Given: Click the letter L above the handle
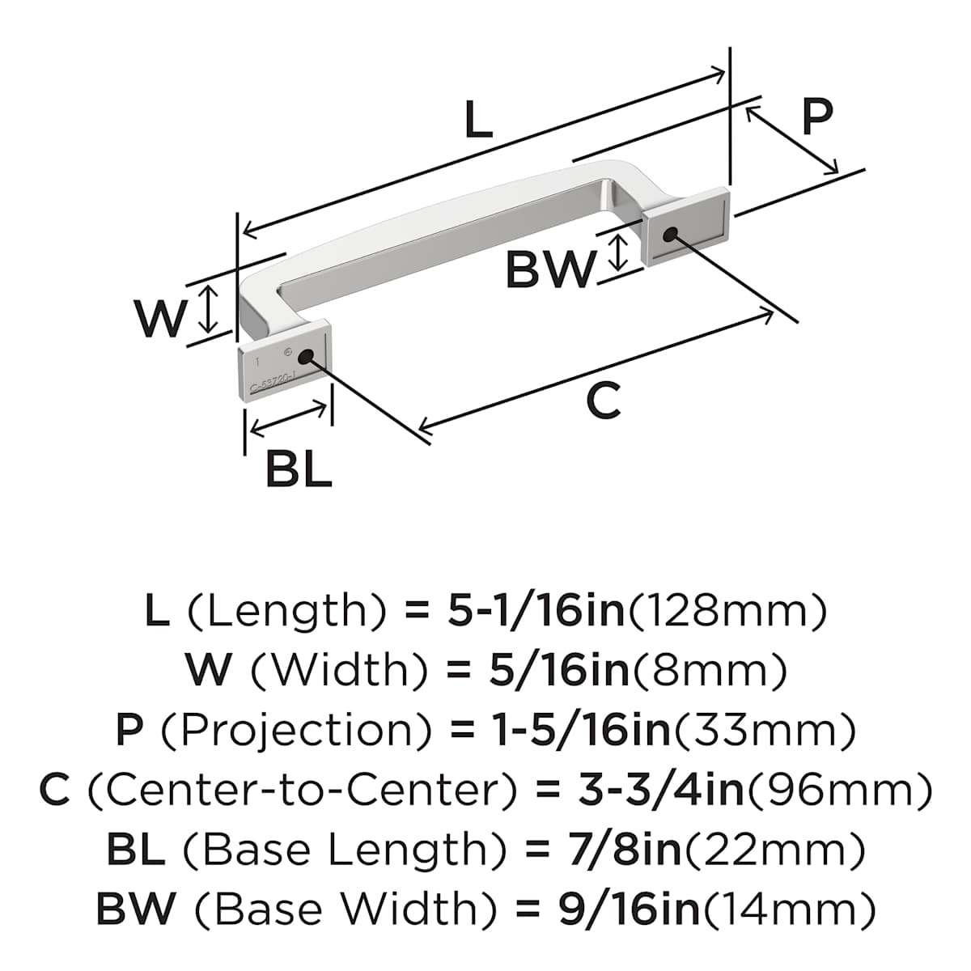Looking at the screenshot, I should point(479,121).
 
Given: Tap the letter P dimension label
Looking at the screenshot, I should point(816,116).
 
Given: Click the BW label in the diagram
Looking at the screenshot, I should point(549,269).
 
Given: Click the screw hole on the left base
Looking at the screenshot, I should point(305,357).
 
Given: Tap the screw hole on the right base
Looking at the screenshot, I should point(669,235).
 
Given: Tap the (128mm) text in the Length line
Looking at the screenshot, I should point(727,610).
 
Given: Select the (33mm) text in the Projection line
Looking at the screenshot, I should point(765,730).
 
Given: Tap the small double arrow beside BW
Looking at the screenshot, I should point(618,252).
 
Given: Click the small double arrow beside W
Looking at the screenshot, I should point(209,309).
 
